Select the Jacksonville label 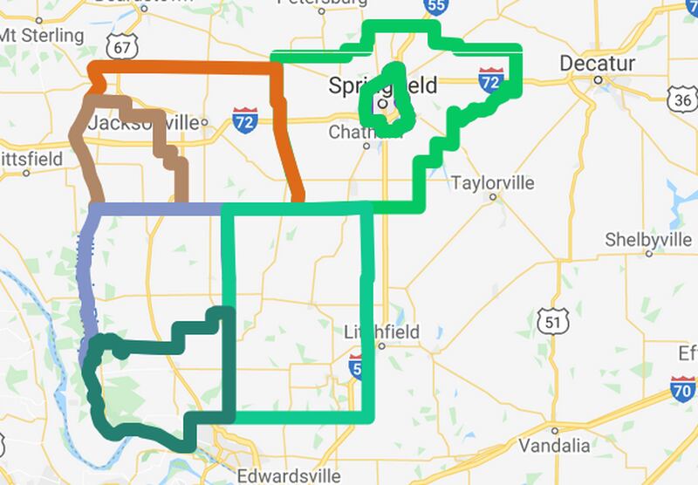coord(144,122)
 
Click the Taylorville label coord(493,183)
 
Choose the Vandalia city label coord(553,446)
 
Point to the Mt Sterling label coord(42,36)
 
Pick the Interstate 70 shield coord(683,386)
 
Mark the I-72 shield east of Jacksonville coord(245,120)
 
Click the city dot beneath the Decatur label coord(599,79)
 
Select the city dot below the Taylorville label coord(493,197)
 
